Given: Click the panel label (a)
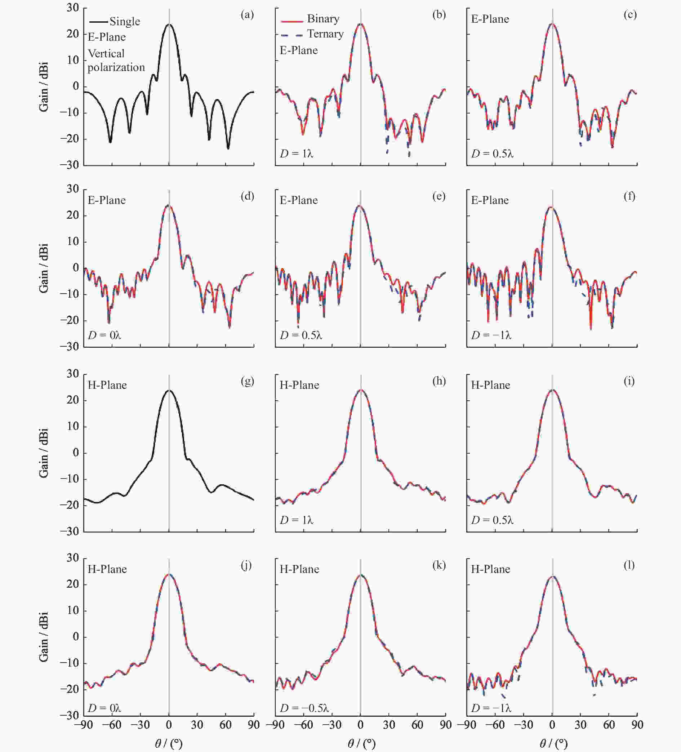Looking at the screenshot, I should [247, 15].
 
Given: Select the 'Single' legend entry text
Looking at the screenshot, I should [125, 22].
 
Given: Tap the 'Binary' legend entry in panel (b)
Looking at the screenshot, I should [323, 19].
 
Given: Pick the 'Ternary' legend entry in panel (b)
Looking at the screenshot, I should [325, 34].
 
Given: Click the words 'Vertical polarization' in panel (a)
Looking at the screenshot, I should [116, 61].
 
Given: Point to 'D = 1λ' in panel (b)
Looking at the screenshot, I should [297, 153].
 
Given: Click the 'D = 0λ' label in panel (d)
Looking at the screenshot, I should [104, 335].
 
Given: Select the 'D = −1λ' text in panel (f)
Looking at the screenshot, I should [491, 335].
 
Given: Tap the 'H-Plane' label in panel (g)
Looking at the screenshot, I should [107, 385].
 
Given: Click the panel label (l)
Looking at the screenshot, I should [629, 565].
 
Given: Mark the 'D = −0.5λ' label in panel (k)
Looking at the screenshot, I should [304, 708].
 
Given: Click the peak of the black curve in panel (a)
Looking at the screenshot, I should [169, 25].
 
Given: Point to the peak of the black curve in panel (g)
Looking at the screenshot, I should [169, 390].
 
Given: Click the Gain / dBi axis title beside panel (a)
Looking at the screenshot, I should [44, 87].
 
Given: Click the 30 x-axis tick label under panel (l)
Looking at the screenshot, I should [580, 725].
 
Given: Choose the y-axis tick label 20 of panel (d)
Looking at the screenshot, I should [73, 215].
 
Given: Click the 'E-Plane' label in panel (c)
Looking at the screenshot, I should [490, 19].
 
